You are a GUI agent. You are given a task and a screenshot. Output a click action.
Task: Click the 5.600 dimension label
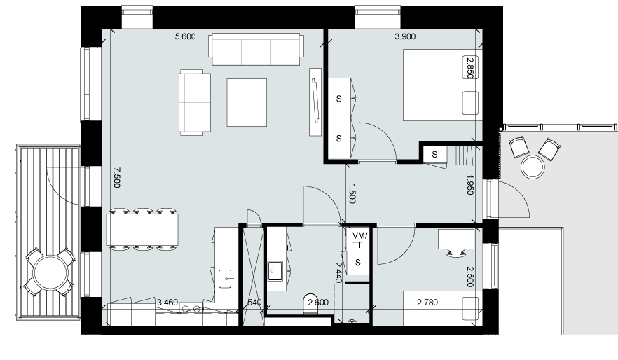click(185, 36)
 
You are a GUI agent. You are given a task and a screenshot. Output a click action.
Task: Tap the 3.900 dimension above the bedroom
click(405, 36)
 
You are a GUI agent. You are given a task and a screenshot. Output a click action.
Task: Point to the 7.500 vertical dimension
click(116, 178)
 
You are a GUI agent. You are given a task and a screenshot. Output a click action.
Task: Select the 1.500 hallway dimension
click(352, 193)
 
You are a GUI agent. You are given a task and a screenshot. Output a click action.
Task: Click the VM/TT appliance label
click(359, 240)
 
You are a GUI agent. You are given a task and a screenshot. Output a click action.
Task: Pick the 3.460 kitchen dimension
click(167, 303)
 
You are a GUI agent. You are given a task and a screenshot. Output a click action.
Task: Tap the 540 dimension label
click(254, 303)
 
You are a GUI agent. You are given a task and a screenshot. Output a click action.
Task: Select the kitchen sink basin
click(226, 279)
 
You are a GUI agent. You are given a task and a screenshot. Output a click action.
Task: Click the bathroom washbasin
click(275, 271)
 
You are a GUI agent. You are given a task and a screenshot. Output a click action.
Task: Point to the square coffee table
click(247, 102)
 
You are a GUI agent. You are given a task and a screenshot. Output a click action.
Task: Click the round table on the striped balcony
click(51, 272)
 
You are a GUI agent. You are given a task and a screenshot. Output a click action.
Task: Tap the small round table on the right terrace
click(533, 167)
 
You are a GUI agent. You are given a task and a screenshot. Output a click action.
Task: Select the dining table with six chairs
click(142, 230)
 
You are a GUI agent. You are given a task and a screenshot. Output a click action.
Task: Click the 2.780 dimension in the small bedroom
click(427, 303)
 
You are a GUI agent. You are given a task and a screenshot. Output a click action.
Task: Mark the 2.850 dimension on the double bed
click(470, 68)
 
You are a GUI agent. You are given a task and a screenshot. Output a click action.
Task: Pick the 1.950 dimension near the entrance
click(469, 185)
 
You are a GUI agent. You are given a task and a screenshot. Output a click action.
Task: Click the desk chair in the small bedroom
click(455, 254)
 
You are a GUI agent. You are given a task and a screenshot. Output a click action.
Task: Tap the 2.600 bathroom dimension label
click(318, 303)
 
